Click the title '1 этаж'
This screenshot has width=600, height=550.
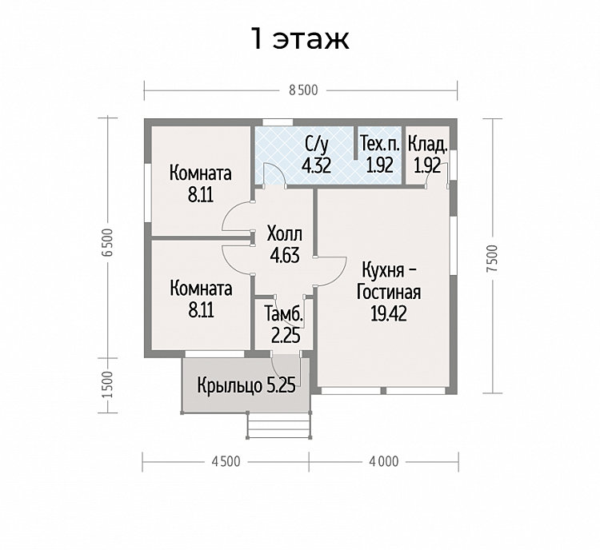click(x=300, y=38)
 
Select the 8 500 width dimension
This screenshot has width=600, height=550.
click(x=303, y=90)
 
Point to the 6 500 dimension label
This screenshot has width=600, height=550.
click(x=108, y=242)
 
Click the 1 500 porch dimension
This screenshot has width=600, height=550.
click(x=108, y=385)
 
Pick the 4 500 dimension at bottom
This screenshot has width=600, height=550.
click(x=226, y=461)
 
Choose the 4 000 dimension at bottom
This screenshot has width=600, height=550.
click(x=384, y=461)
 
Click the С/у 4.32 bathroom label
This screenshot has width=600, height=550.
click(x=317, y=155)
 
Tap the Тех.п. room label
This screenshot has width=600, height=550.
click(x=379, y=145)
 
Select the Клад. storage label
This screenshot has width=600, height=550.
click(x=427, y=145)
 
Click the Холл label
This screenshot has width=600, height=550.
click(x=285, y=233)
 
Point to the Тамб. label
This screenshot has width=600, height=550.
click(x=284, y=315)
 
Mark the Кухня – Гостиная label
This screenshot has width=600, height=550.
click(x=389, y=281)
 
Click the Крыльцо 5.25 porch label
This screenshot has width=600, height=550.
click(x=246, y=385)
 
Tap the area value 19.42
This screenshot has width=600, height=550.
click(x=388, y=313)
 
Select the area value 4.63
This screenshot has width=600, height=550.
click(x=285, y=256)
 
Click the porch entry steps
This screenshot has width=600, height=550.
click(x=278, y=425)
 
